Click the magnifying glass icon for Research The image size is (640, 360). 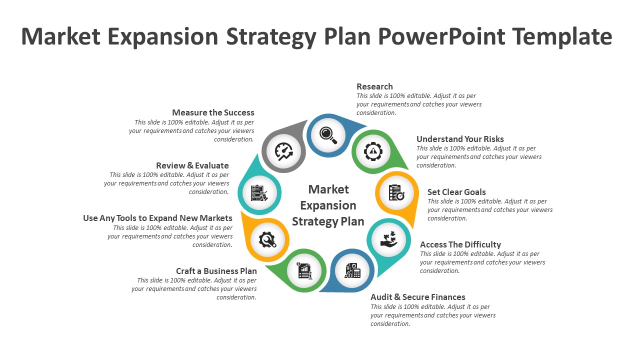328,135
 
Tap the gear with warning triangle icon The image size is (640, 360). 373,151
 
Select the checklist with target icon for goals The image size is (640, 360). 396,192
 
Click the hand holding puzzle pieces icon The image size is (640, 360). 389,239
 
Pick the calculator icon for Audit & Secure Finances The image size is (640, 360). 353,270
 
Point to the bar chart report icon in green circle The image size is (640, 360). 304,270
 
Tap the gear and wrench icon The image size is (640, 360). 267,239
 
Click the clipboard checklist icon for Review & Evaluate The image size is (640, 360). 259,193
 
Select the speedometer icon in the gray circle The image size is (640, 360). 284,151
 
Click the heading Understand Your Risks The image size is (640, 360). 460,139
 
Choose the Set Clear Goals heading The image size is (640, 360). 456,192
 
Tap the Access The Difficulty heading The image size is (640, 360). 460,244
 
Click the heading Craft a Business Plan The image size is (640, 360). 216,271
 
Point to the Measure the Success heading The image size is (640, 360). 213,112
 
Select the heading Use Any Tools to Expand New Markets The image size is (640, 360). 157,218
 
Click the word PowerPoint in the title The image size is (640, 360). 441,36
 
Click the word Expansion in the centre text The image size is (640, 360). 328,205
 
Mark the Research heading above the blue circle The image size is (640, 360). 374,86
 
